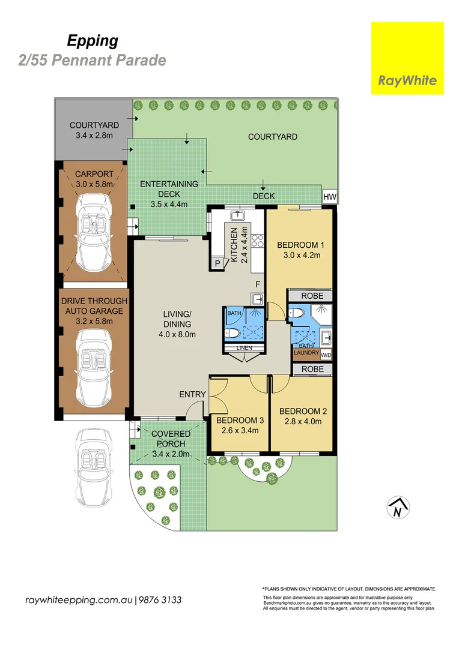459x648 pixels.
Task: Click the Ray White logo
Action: [407, 58]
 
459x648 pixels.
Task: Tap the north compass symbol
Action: [398, 508]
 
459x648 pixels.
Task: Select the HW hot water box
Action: [330, 197]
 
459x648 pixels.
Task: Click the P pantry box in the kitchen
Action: [217, 263]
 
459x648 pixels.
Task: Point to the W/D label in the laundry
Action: [326, 355]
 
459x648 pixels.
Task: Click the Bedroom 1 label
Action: [300, 245]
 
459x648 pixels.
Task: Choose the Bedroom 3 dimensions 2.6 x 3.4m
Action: [240, 431]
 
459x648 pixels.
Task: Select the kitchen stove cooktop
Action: [258, 241]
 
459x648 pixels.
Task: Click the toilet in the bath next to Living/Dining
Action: [232, 333]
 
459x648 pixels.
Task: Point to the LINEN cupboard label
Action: [244, 348]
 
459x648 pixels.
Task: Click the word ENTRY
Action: [192, 394]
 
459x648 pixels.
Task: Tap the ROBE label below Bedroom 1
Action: [312, 296]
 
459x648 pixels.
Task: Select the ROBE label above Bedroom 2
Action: [312, 369]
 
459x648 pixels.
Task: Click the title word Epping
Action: [93, 41]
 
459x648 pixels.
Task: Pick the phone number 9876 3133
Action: [160, 600]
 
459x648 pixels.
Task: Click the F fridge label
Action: [258, 284]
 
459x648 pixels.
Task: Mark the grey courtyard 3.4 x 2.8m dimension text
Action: [94, 135]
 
